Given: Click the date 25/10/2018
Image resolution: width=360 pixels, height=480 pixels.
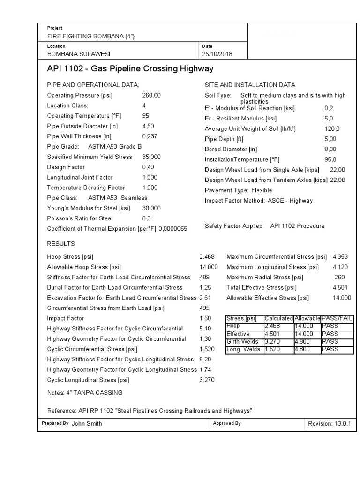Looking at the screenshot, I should pos(217,54).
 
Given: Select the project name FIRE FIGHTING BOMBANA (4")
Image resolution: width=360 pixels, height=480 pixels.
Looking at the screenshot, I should pos(87,36).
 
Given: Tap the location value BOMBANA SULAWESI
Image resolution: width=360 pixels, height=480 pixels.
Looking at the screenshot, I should pos(79,54).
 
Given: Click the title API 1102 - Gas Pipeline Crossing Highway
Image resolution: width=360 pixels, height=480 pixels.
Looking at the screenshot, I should pos(130,69).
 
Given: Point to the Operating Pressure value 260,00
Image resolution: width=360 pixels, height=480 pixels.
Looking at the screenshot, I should pos(151,95).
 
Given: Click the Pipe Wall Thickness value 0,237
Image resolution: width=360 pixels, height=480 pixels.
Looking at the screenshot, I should pos(150,136).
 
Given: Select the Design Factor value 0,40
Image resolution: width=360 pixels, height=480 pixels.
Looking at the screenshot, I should pos(148,167).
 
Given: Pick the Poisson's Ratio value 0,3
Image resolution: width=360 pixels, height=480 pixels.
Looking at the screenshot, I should pos(146,218).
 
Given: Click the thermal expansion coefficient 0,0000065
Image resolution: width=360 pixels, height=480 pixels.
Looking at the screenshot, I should pos(173,229).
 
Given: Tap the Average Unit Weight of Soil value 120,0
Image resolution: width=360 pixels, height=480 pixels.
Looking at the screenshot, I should pos(332,129).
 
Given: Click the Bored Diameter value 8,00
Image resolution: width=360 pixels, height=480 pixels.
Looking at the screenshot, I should pos(330,150).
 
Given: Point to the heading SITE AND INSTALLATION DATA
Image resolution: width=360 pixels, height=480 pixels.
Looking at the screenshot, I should pos(251,85).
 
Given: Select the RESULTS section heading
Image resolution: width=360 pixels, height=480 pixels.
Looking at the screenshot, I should pos(61,244).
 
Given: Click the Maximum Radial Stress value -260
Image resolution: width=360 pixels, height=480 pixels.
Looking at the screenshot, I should pos(338,277).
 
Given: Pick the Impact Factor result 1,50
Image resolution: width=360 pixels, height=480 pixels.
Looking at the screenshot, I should pos(205,318).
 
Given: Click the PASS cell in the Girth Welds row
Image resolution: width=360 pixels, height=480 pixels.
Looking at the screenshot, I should pos(330,342).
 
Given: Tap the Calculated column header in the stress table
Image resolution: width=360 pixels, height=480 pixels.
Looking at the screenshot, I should pos(279,319).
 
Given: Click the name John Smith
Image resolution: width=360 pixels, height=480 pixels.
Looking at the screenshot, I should pos(87,423).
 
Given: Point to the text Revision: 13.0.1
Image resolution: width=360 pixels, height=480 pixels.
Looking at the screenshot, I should pos(330,423).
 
